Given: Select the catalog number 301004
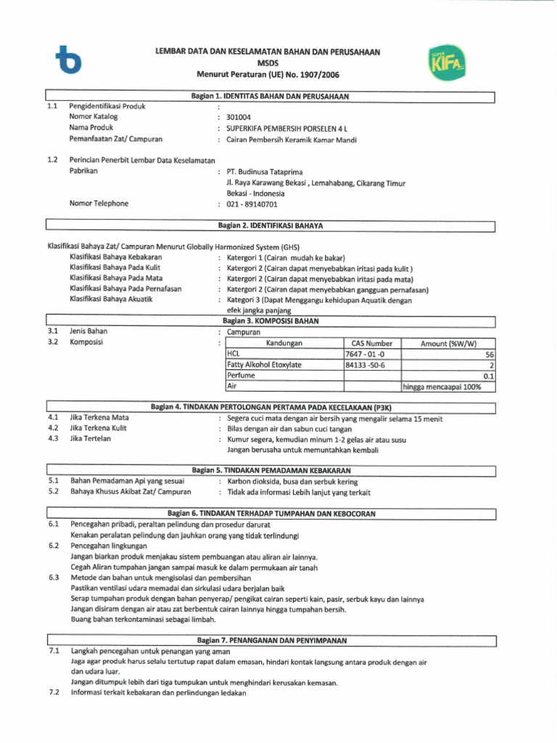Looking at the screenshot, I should click(x=239, y=116).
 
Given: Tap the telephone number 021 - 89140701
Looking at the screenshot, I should click(x=252, y=204).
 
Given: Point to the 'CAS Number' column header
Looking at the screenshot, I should click(x=371, y=343).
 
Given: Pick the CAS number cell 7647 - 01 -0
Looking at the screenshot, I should click(x=366, y=354).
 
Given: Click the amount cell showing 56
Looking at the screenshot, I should click(x=490, y=354).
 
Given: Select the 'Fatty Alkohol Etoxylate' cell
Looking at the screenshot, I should click(x=264, y=365).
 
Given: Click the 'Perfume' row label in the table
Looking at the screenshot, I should click(x=241, y=376).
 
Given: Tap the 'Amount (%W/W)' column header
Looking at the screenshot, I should click(x=450, y=343).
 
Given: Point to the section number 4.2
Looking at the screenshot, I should click(x=53, y=429).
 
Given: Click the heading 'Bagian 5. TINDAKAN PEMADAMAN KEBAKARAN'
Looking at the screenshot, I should click(x=271, y=471).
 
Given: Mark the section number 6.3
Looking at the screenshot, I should click(x=53, y=578).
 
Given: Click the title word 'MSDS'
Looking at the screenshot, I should click(x=268, y=63).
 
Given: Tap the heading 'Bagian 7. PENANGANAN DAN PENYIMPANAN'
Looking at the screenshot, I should click(x=272, y=641).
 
